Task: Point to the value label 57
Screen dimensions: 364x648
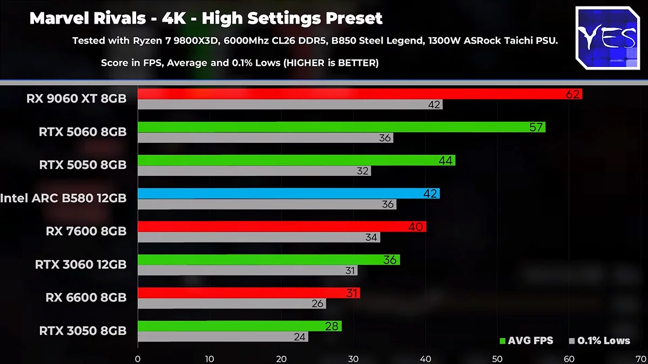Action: point(536,127)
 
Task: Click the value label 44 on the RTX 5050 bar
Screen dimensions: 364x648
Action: point(446,160)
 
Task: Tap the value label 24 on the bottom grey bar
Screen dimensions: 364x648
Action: point(300,337)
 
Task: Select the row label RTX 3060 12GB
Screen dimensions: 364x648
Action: point(80,264)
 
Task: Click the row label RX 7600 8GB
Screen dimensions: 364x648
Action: point(86,231)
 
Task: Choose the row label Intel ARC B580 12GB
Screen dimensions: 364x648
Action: point(63,198)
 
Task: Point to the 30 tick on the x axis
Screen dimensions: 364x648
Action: point(353,359)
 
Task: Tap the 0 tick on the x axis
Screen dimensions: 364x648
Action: point(138,359)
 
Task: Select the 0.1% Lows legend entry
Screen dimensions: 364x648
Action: point(599,341)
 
